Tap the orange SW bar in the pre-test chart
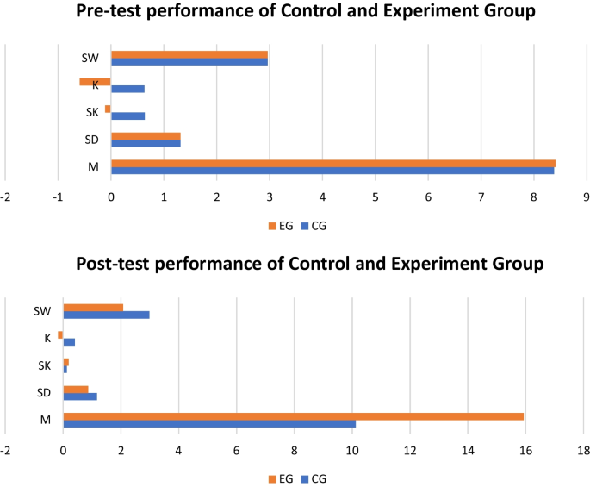(189, 54)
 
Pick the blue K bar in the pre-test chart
(127, 89)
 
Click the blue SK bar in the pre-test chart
(127, 116)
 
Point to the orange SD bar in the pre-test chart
(146, 135)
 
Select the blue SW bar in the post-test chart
(106, 315)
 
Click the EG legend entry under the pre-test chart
(281, 226)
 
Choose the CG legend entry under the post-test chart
(314, 478)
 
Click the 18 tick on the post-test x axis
(585, 450)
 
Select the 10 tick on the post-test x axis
(352, 450)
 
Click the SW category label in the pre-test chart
(90, 59)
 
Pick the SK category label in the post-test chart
(46, 365)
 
